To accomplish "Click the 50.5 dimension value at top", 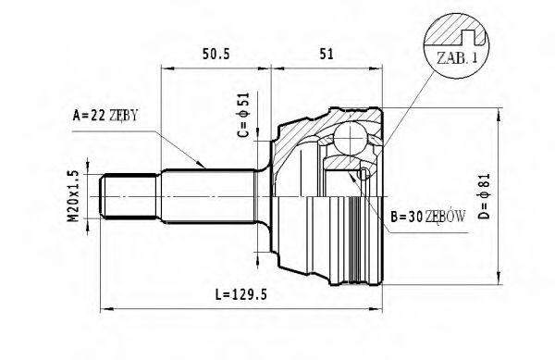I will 217,54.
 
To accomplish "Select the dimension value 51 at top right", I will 326,54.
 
